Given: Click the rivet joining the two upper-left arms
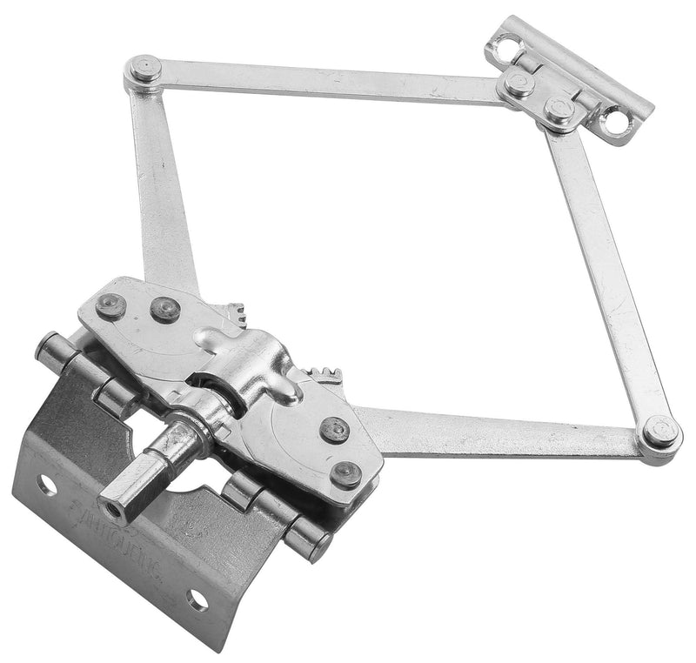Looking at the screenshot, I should tap(143, 69).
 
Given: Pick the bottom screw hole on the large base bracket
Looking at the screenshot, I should tap(197, 599).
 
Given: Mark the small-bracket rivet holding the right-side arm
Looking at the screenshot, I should tap(557, 110).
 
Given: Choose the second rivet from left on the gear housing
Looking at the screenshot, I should tap(164, 308).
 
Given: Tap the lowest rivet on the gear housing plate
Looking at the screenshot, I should tap(345, 473).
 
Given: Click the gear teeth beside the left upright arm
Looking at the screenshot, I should tap(233, 311).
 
